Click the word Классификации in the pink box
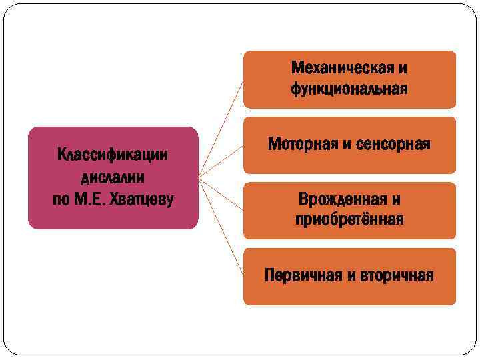pos(113,155)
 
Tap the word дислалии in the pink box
pos(113,177)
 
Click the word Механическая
pos(342,68)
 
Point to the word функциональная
pos(349,89)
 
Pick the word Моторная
pos(303,144)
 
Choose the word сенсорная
pos(395,144)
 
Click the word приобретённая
pos(349,219)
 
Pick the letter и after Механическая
pos(403,68)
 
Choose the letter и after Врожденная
pos(396,199)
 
